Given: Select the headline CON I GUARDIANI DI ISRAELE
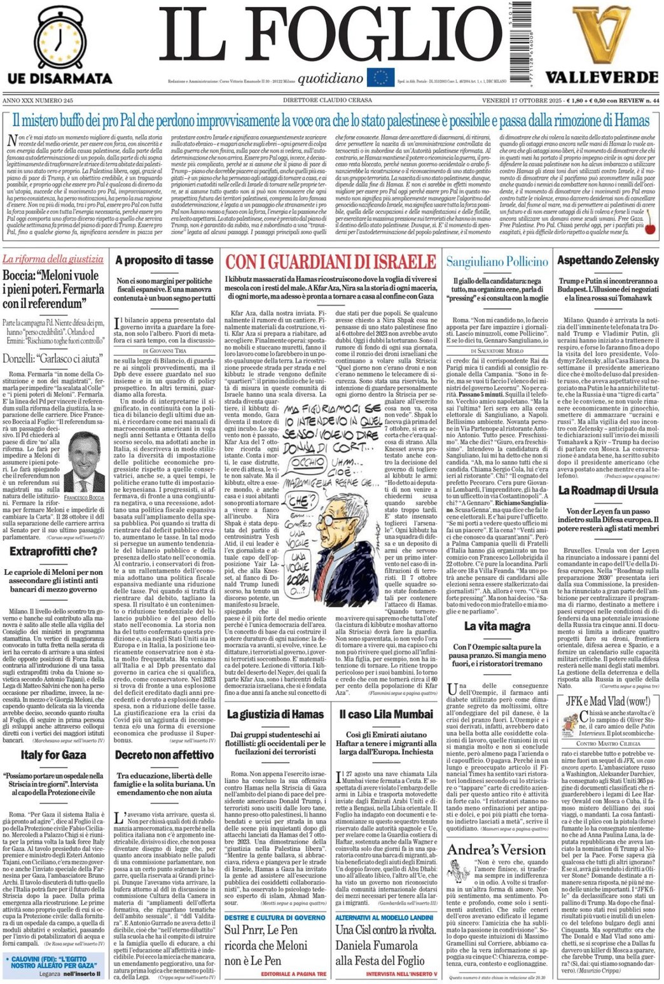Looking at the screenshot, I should click(x=330, y=262).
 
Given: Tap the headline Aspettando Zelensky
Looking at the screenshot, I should click(x=607, y=260).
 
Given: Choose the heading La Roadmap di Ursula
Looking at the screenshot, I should click(x=607, y=490).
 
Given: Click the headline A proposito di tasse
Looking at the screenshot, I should click(x=164, y=260).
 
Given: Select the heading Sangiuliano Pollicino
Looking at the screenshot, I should click(x=497, y=262).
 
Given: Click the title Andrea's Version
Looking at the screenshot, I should click(x=496, y=850).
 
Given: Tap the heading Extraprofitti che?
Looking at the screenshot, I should click(x=53, y=551).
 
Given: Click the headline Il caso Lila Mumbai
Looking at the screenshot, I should click(x=385, y=714).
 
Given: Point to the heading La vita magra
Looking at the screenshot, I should click(x=497, y=626).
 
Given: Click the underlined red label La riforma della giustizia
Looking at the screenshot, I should click(x=53, y=259).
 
